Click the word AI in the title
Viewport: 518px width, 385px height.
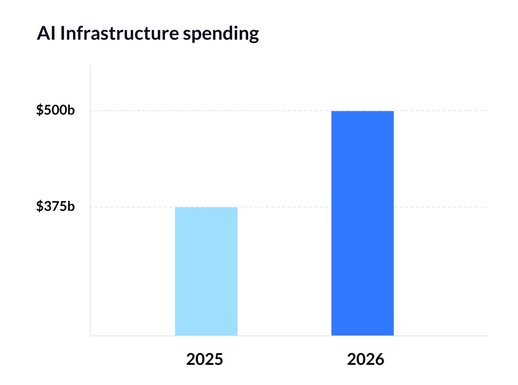click(46, 33)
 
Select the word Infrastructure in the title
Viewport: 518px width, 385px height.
click(119, 33)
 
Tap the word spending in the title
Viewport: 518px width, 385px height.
click(221, 34)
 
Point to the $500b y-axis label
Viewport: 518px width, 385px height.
click(55, 110)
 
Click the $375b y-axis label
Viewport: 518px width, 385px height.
click(55, 206)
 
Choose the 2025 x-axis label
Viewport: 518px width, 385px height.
click(205, 359)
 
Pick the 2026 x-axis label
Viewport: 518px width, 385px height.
click(365, 359)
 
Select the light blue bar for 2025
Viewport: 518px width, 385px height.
click(206, 271)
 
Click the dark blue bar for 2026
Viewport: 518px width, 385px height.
click(363, 223)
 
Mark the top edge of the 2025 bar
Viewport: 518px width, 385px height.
click(206, 208)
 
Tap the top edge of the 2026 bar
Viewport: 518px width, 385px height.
click(363, 111)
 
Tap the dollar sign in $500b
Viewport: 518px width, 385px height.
click(39, 110)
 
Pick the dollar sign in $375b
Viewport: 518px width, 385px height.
click(39, 206)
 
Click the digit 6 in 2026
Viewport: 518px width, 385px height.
click(379, 359)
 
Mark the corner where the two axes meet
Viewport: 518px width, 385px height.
click(90, 336)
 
